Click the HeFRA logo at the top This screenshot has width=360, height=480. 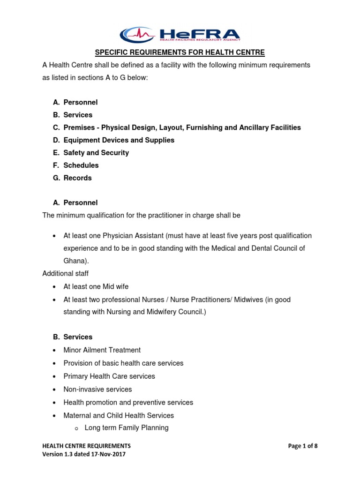(x=180, y=34)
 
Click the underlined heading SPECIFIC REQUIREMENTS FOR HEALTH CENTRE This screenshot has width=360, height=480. (x=180, y=52)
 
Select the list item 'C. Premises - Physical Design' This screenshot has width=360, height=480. (x=182, y=127)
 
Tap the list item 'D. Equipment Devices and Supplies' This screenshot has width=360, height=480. (x=119, y=140)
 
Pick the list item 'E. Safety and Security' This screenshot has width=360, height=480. (x=96, y=153)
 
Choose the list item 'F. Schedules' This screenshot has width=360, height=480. (x=81, y=165)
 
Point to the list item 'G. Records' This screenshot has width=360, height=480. (x=77, y=178)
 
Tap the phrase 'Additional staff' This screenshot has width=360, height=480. (x=65, y=273)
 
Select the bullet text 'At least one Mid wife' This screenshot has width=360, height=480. (x=96, y=286)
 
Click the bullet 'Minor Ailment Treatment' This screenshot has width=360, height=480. (x=102, y=350)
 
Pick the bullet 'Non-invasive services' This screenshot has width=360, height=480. (x=97, y=390)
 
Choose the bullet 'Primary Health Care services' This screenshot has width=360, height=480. (x=109, y=376)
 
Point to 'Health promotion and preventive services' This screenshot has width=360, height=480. (x=128, y=403)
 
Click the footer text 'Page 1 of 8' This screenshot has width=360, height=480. (x=303, y=446)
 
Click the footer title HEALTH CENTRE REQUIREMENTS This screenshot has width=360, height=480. (x=86, y=446)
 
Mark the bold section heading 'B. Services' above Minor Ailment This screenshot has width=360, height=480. (x=78, y=337)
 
